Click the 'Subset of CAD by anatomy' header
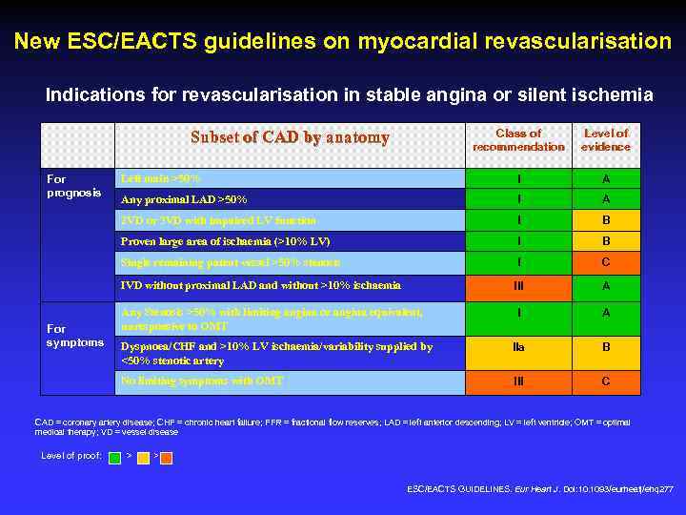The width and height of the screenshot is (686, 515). pos(290,137)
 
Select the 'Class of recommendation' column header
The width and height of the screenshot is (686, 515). pos(518,140)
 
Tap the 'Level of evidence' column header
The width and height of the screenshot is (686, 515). pos(606,140)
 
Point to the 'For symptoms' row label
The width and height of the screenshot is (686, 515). pos(75,335)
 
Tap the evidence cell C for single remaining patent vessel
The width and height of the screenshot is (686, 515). pos(606,262)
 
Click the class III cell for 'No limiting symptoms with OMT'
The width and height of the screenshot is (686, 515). pos(518,381)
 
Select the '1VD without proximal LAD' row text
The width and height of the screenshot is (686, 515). pos(259,284)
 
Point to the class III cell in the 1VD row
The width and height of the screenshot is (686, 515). pos(518,284)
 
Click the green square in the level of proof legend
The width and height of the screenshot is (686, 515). pos(115,456)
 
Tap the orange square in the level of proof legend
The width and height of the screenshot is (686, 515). pos(166,456)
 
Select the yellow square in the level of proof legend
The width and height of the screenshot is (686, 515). pos(142,456)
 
